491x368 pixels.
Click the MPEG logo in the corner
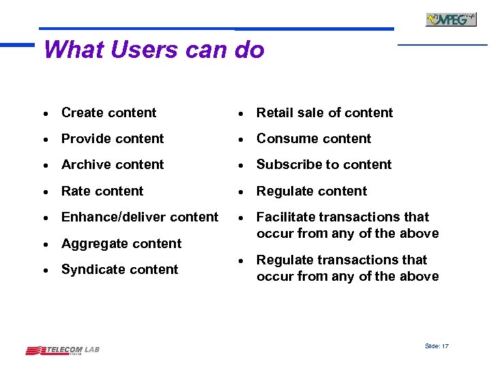pos(451,19)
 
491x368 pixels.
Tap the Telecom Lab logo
pos(63,350)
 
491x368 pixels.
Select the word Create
pos(82,112)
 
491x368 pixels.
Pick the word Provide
pos(85,138)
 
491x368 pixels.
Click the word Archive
pos(85,164)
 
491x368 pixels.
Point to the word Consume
pos(284,138)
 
